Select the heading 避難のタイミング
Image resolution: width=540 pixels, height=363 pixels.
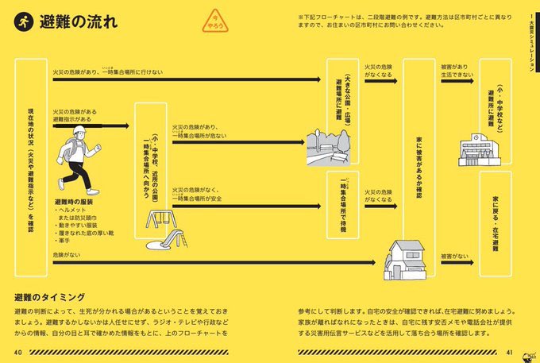[49, 295]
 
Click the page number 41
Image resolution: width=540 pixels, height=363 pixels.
[511, 350]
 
